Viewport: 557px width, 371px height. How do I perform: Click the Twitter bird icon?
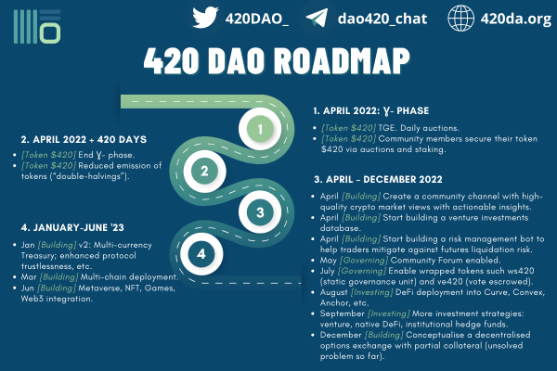coord(205,18)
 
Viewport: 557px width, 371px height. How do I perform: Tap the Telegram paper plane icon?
coord(317,18)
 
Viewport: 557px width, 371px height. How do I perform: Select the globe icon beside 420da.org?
coord(460,19)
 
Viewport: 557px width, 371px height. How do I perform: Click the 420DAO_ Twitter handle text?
coord(257,19)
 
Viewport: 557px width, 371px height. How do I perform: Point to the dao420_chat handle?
coord(382,19)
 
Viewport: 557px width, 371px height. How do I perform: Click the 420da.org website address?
coord(516,19)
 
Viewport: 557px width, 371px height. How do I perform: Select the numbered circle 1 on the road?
coord(260,129)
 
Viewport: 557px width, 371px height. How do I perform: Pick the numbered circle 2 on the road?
coord(204,171)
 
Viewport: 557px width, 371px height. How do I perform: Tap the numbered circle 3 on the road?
coord(260,212)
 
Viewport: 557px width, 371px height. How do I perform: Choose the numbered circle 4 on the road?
coord(201,254)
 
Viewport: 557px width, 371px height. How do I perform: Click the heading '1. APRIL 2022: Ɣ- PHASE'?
coord(371,111)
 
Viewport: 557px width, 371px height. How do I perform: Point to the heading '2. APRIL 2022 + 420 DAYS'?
coord(84,139)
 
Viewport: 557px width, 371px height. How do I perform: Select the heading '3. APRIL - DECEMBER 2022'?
coord(378,179)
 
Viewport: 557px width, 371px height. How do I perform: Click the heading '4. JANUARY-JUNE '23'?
coord(72,227)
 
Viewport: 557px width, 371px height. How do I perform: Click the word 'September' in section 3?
coord(342,313)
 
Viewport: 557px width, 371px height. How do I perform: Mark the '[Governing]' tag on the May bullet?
coord(364,261)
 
